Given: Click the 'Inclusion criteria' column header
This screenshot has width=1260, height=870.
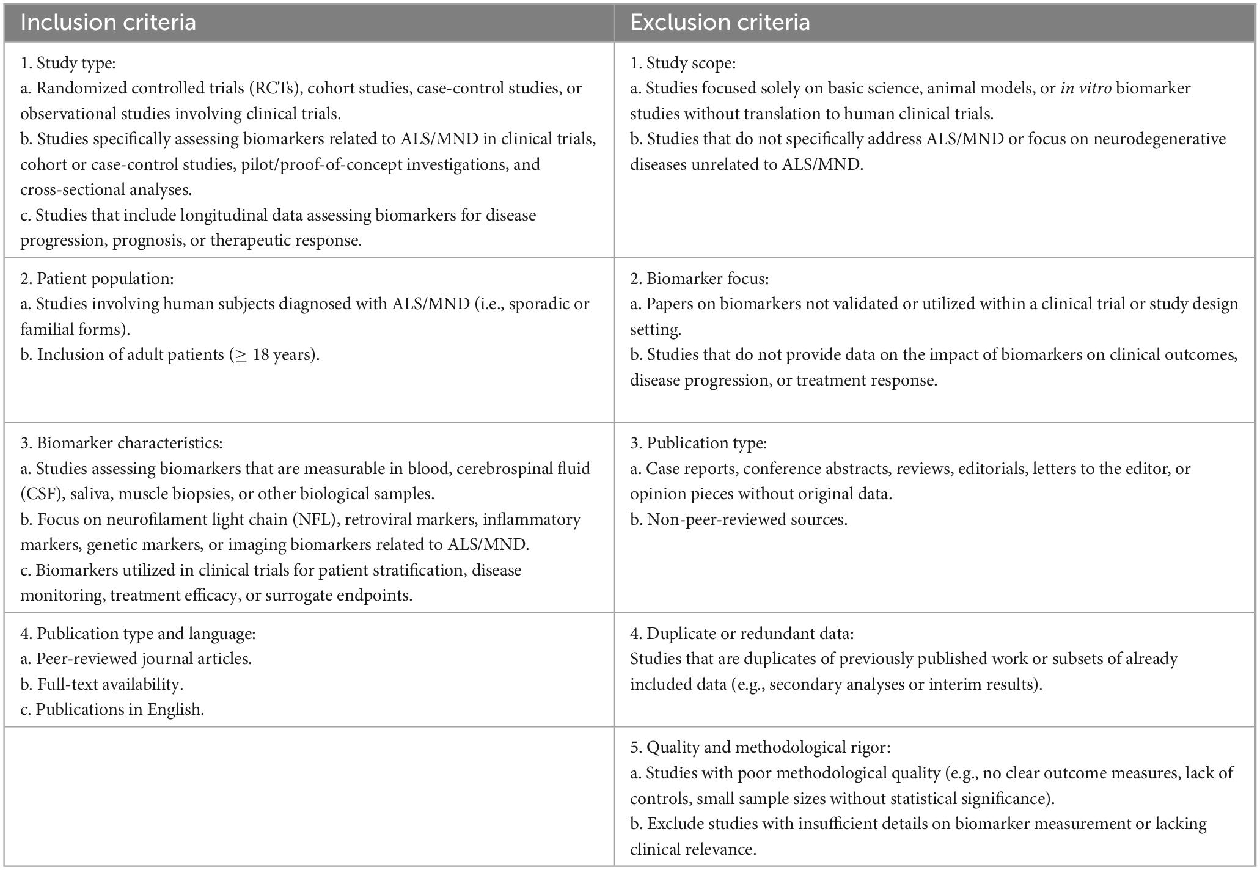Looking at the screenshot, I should click(108, 23).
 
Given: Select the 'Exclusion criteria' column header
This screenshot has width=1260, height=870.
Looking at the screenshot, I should click(720, 23).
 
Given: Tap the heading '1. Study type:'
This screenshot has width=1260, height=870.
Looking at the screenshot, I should click(68, 63).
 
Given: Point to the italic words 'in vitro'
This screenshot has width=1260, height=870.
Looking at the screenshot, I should click(1085, 88).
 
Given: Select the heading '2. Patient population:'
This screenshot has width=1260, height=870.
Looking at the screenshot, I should click(97, 279).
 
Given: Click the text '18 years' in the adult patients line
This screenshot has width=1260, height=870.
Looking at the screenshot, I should click(281, 354).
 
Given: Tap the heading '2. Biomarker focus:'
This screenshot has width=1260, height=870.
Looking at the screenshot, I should click(700, 279).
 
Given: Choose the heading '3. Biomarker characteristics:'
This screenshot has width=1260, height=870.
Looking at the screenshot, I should click(122, 443).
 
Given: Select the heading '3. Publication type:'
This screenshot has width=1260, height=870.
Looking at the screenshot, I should click(698, 443).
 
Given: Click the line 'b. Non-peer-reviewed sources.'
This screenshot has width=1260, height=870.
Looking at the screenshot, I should click(739, 519).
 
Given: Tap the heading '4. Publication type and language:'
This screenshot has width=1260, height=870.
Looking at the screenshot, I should click(138, 634).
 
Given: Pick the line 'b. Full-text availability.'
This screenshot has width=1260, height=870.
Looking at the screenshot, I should click(101, 684).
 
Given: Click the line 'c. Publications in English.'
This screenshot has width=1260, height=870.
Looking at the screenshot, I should click(112, 709).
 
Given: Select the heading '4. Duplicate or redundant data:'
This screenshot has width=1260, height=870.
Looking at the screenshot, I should click(742, 634).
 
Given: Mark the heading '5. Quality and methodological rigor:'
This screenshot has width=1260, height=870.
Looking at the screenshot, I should click(760, 747).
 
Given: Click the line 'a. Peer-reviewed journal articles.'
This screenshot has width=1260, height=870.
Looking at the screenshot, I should click(136, 659).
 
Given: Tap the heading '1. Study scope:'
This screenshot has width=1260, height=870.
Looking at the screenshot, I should click(683, 63).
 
